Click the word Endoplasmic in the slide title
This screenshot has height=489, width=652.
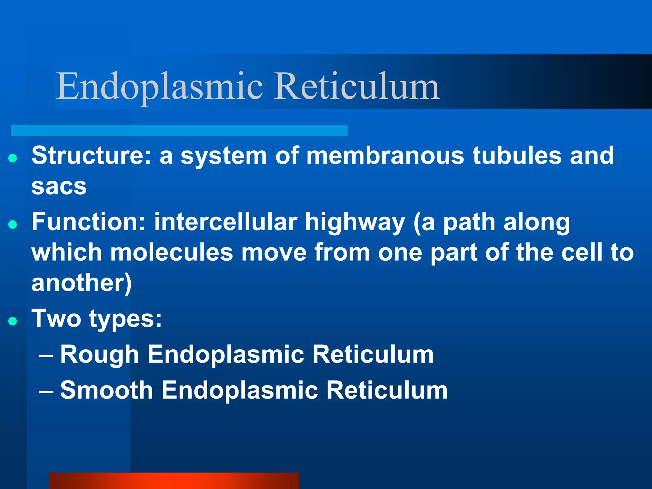(x=159, y=87)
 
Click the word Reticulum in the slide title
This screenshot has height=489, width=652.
(x=357, y=87)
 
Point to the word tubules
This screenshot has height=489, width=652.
(x=517, y=156)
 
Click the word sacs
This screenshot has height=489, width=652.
(x=59, y=187)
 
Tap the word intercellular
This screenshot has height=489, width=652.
(x=226, y=222)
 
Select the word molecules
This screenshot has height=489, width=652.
(x=172, y=252)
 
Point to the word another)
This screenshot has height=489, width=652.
(x=81, y=283)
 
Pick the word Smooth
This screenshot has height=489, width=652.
(x=107, y=390)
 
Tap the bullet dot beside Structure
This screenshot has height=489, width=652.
(x=13, y=158)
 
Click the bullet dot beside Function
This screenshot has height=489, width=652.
(x=13, y=225)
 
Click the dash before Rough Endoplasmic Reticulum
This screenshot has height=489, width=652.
(x=46, y=356)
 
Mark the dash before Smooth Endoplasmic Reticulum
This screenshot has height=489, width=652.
(x=46, y=392)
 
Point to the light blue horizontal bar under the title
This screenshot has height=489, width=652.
(x=179, y=130)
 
